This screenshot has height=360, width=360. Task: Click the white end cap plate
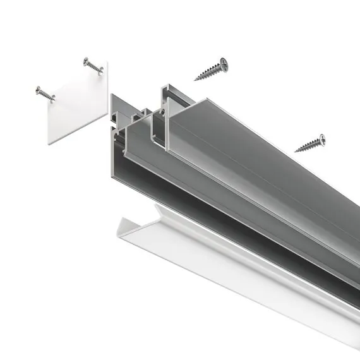coord(76,104)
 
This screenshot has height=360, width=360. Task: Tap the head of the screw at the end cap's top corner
coord(87,62)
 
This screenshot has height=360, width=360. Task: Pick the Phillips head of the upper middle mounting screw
coord(223,63)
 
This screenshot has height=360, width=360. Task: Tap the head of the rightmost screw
coord(322,138)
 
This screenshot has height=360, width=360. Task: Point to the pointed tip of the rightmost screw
coord(295,151)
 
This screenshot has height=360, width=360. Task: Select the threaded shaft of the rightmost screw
coord(308,145)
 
